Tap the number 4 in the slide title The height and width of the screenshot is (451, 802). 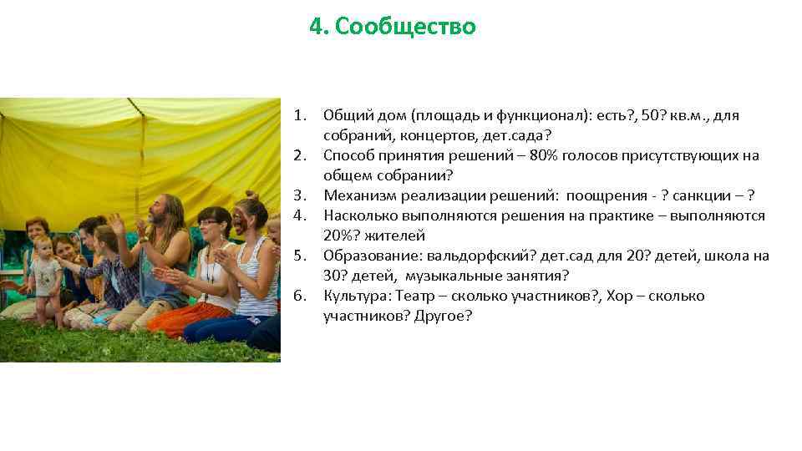[315, 28]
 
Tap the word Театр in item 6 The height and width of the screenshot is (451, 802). [415, 296]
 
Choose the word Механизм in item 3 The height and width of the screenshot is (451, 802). [356, 196]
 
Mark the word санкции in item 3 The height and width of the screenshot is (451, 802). [698, 196]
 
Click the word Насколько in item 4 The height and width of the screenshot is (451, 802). [358, 216]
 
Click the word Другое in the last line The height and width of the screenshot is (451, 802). [442, 317]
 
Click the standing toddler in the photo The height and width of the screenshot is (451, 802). [43, 276]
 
